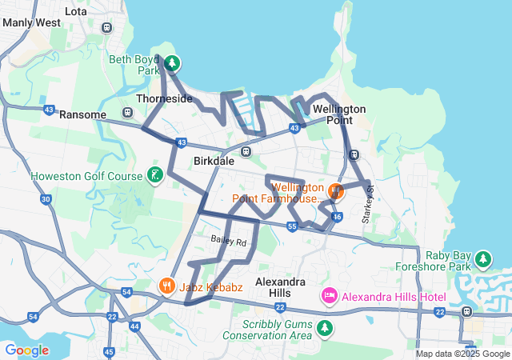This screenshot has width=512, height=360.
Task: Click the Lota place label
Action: click(x=75, y=11)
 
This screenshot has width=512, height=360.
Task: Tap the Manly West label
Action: click(x=31, y=23)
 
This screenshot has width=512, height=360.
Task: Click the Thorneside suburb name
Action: click(x=164, y=98)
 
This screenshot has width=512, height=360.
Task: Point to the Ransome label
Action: click(x=82, y=114)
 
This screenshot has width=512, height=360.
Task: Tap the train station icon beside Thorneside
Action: click(x=127, y=113)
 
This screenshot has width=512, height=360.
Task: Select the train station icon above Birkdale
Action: click(x=246, y=151)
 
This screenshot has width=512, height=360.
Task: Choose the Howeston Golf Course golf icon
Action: click(x=154, y=175)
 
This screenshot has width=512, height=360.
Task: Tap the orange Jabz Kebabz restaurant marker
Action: click(x=166, y=286)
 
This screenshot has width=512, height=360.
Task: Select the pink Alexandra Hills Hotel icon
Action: click(x=329, y=297)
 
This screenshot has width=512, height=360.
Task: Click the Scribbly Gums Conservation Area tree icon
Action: click(x=324, y=328)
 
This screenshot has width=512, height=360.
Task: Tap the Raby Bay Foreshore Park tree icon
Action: click(x=482, y=258)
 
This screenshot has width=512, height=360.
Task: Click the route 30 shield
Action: click(x=46, y=199)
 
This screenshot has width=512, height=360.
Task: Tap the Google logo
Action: click(x=27, y=350)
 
